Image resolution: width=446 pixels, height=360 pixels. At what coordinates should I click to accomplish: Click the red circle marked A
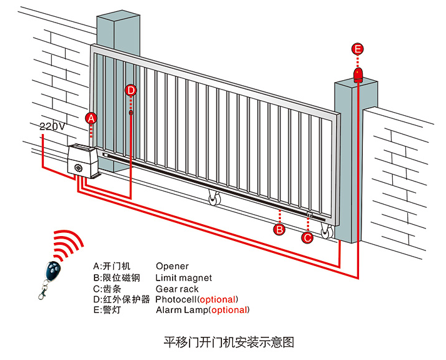pos(91,118)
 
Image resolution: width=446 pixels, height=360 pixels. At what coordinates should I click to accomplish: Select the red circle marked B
pos(280,229)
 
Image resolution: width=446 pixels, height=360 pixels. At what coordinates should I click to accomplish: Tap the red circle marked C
pos(307,237)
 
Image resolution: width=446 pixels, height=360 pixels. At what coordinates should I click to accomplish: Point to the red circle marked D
pos(130,90)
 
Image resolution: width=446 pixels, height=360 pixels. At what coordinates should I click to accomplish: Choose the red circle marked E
pos(357,49)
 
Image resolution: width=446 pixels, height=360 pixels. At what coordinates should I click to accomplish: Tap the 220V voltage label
pos(52,126)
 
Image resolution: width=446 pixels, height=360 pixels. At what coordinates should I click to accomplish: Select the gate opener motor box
pos(81,162)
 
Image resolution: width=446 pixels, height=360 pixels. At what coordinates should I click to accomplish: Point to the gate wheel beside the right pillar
pos(326,232)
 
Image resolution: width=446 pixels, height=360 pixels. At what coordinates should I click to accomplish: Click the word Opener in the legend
pos(172,266)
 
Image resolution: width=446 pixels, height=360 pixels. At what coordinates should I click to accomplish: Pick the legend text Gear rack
pos(177,289)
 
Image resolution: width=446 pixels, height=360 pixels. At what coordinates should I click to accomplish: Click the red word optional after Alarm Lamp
pos(230,310)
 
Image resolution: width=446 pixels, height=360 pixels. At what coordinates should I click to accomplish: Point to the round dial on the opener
pos(78,168)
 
